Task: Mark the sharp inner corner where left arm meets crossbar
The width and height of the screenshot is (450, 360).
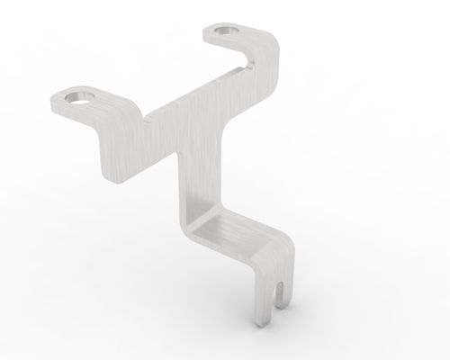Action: click(141, 118)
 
